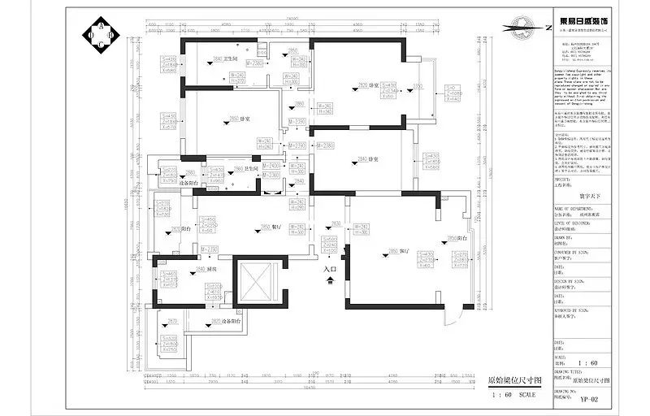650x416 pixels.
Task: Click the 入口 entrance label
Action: coord(329,269)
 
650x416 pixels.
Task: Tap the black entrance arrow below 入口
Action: coord(329,280)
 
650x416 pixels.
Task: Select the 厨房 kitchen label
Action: coord(211,269)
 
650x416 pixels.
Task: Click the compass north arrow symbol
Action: coord(523,28)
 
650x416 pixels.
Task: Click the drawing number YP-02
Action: coord(589,399)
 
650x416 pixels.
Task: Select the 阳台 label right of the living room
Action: coord(461,238)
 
